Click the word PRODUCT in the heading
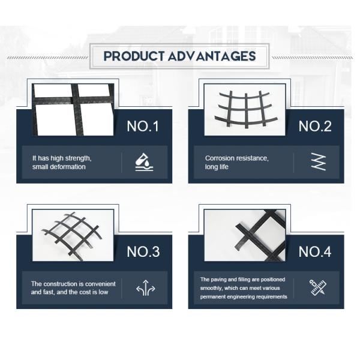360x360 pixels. click(x=134, y=56)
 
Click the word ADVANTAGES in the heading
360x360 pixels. click(x=212, y=56)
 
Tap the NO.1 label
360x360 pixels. click(x=143, y=126)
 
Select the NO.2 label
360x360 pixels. click(x=315, y=126)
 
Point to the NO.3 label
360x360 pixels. click(x=143, y=251)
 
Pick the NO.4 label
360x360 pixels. click(x=315, y=251)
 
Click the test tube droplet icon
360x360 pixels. click(x=144, y=163)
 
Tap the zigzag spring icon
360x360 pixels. click(x=319, y=161)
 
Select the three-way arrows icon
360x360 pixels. click(x=146, y=288)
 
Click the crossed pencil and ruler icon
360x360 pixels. click(x=318, y=287)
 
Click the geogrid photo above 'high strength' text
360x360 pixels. click(x=73, y=110)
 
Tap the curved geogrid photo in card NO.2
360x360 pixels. click(x=245, y=110)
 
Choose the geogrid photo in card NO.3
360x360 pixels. click(x=73, y=235)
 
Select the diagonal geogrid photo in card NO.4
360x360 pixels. click(x=245, y=235)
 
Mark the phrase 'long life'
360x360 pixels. click(x=217, y=167)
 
